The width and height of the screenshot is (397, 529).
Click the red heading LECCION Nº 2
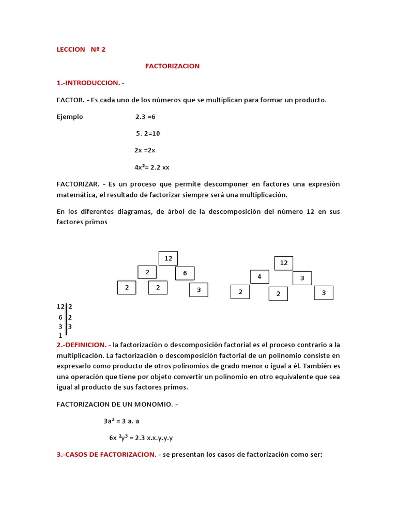(x=81, y=50)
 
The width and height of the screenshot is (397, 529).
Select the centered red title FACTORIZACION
(x=172, y=66)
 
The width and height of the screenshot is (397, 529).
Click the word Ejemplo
(x=69, y=117)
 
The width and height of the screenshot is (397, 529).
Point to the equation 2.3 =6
(x=145, y=117)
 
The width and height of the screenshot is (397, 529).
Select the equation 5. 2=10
(x=148, y=133)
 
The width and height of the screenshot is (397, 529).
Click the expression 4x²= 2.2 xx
(x=151, y=167)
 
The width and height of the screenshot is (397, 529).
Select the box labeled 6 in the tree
(x=185, y=273)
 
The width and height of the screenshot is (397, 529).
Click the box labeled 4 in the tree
(x=259, y=277)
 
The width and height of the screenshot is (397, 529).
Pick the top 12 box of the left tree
(x=168, y=258)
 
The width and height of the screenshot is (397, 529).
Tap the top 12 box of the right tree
(x=284, y=263)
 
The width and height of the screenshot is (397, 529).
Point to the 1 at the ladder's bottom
(x=60, y=335)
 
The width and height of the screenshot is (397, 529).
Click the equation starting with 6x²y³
(x=141, y=438)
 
